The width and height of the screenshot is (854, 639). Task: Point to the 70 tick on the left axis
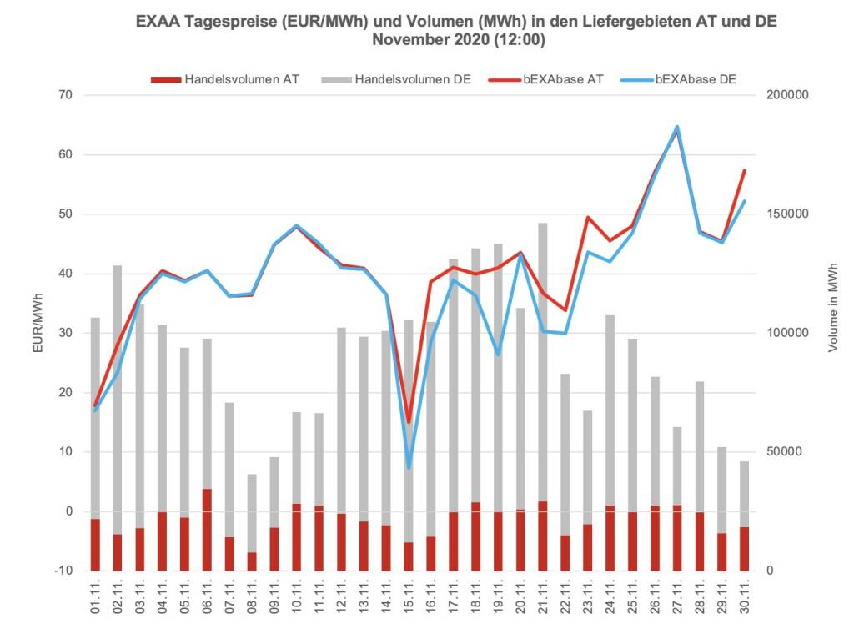[66, 96]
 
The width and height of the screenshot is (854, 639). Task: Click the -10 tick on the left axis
[63, 571]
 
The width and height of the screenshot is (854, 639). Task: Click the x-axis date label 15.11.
[409, 598]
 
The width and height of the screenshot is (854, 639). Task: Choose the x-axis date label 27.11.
[677, 598]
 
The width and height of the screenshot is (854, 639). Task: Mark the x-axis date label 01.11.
[96, 598]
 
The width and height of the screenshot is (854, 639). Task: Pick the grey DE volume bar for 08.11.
[252, 512]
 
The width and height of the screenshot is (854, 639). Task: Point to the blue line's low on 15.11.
[409, 467]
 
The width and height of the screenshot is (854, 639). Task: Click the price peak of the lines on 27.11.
[677, 128]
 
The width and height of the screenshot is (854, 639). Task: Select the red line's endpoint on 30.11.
[744, 171]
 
